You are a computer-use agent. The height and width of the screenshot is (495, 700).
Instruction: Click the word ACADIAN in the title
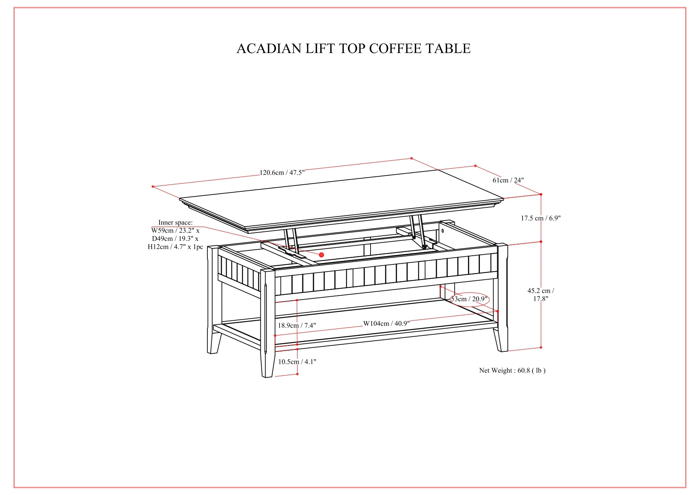point(269,49)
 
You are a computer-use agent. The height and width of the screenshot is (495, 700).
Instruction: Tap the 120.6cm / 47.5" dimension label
point(282,173)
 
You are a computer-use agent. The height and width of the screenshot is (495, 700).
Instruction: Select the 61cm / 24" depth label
point(508,180)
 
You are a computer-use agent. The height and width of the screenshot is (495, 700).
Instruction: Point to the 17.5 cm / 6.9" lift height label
point(540,218)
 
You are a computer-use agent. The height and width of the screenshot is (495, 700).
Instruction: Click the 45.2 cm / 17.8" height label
point(540,294)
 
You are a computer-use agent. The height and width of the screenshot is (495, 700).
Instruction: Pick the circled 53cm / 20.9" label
point(469,299)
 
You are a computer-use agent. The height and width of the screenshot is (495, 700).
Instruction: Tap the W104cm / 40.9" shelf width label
point(386,323)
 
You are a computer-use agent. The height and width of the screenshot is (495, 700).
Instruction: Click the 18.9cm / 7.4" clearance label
point(297,325)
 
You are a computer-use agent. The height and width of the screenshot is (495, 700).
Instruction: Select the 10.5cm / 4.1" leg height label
point(297,362)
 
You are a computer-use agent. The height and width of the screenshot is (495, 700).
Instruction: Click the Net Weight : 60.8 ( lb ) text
point(512,371)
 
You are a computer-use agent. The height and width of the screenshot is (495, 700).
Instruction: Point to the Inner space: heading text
point(175,223)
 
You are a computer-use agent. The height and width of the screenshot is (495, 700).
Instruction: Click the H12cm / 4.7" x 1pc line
point(175,247)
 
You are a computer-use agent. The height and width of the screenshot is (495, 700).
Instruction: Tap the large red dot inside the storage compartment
point(321,254)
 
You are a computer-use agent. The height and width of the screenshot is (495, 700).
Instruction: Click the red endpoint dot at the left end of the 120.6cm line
point(153,186)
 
